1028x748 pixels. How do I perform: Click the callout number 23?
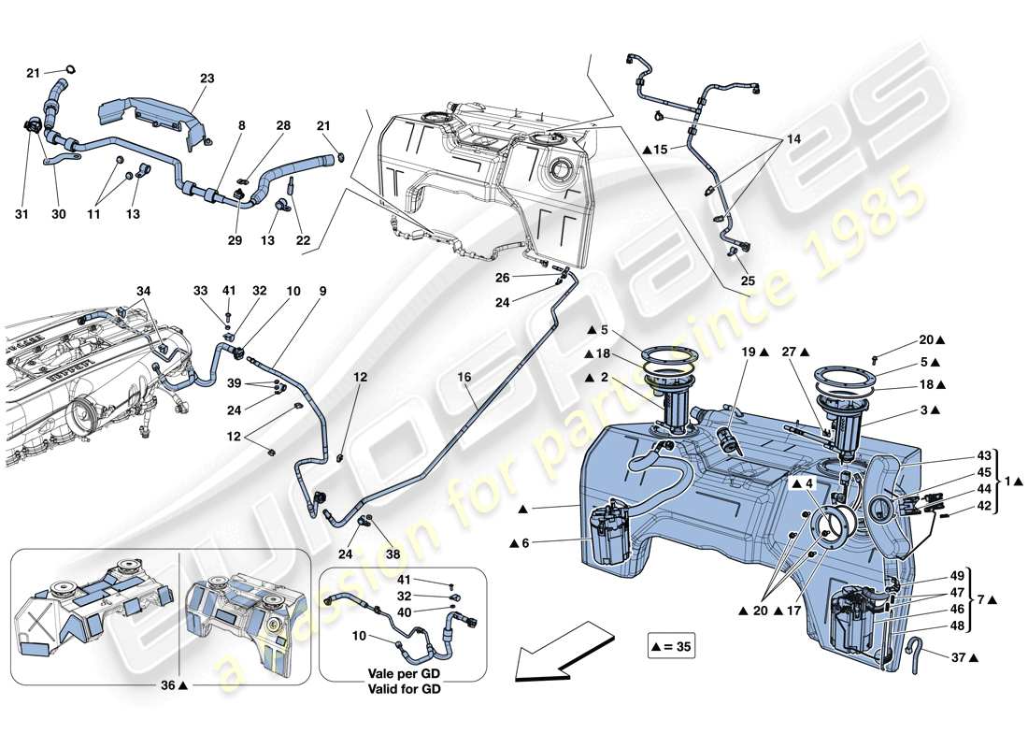(207, 79)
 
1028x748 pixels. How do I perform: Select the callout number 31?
(22, 214)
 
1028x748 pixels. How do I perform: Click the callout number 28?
(283, 125)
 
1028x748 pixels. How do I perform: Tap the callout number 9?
(322, 291)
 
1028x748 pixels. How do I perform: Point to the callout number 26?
(503, 277)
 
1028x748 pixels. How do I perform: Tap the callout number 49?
(957, 575)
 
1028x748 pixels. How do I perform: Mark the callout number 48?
(957, 626)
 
